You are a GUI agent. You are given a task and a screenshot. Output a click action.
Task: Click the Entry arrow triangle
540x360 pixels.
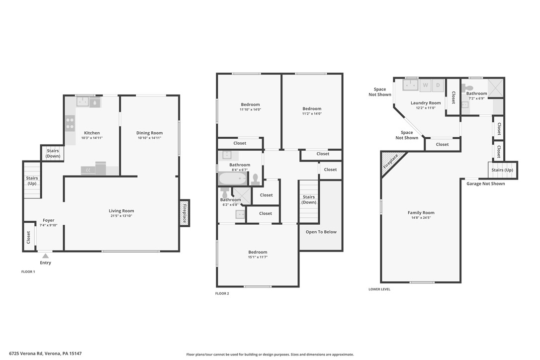[x=45, y=256]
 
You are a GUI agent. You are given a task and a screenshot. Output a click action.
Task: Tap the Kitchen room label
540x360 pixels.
[x=92, y=133]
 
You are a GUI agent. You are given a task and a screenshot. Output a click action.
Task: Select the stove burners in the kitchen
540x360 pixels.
[x=70, y=123]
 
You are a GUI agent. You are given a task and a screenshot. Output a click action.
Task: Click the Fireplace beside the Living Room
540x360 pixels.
[x=184, y=213]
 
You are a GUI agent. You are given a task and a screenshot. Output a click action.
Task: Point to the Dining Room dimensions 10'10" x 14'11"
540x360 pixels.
[x=150, y=138]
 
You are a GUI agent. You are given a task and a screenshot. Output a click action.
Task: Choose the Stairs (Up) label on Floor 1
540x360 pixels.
[x=32, y=181]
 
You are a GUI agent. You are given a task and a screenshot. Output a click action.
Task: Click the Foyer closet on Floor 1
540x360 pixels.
[x=28, y=237]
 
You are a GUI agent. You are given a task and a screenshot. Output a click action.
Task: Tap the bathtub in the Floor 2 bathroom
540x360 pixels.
[x=233, y=179]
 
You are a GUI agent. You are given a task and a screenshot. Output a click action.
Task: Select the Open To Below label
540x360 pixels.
[x=321, y=232]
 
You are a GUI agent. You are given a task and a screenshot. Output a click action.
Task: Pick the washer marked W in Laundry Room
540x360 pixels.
[x=425, y=85]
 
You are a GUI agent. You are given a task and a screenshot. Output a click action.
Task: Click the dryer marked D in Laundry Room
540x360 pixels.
[x=438, y=85]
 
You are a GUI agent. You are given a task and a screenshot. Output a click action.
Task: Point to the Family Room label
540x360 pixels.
[x=421, y=213]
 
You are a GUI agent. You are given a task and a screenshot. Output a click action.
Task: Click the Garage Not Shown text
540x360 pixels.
[x=486, y=183]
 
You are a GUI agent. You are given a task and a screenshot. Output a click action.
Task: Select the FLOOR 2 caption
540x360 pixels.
[x=222, y=293]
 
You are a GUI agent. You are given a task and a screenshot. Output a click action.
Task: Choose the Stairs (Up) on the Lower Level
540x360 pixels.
[x=502, y=170]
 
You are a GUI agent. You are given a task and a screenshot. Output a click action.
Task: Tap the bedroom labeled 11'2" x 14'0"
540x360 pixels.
[x=312, y=111]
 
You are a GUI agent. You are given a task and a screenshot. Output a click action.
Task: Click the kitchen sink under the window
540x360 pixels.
[x=83, y=101]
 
